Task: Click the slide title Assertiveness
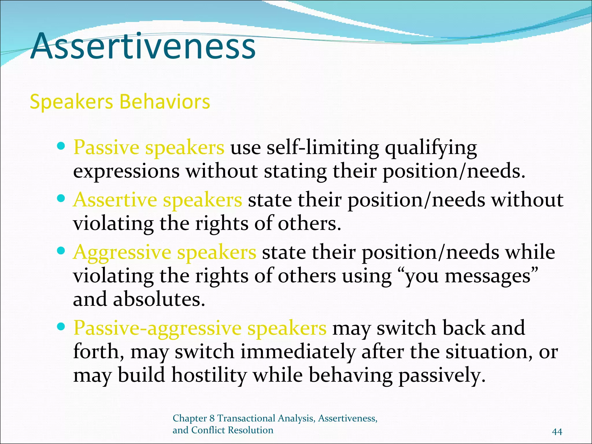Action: [x=143, y=46]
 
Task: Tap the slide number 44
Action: [x=557, y=432]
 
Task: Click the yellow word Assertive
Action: [x=115, y=200]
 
